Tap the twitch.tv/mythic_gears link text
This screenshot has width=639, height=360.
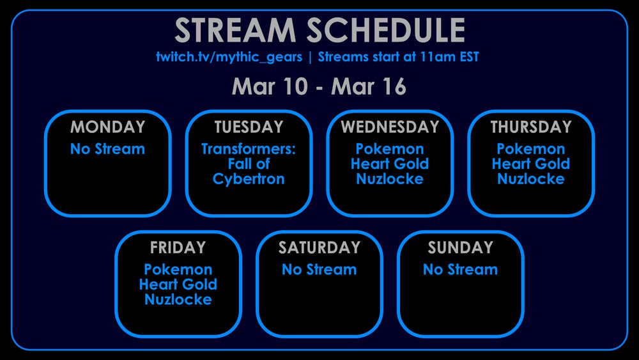point(229,57)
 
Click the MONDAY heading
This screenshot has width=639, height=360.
point(108,127)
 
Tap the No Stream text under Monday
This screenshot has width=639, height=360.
point(108,150)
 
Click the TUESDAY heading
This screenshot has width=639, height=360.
point(249,127)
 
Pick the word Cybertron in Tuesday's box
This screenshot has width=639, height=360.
point(249,179)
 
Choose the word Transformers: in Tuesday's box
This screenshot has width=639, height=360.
point(249,149)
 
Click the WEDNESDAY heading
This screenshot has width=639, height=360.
point(390,127)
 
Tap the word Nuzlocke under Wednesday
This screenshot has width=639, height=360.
point(390,179)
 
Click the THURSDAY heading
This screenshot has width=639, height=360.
point(531,127)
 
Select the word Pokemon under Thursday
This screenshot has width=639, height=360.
point(531,149)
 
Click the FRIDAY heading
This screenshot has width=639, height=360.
point(178,247)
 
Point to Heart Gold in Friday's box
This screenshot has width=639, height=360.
point(178,285)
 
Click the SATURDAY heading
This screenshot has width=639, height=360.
point(319,247)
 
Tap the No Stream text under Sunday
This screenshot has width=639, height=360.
point(460,270)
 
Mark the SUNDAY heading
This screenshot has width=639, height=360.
point(460,247)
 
